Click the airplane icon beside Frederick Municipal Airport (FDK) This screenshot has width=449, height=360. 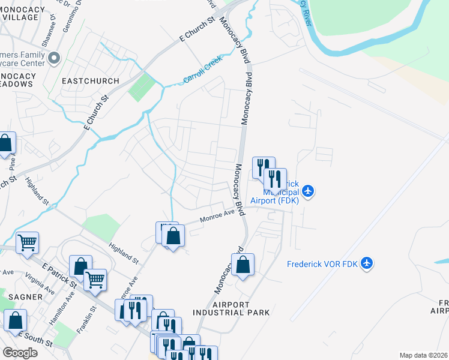(308, 191)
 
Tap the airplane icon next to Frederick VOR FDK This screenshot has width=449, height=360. (367, 263)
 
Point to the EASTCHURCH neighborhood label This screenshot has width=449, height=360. (90, 80)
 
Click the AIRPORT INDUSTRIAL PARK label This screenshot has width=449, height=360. (231, 308)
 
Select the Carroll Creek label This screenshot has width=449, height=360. (203, 70)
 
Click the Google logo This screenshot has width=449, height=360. (20, 353)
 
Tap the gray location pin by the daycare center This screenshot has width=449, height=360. (54, 58)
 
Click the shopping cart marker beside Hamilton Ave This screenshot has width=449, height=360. (95, 279)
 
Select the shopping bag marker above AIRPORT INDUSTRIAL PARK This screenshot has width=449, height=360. (243, 265)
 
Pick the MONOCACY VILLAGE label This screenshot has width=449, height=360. (21, 13)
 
